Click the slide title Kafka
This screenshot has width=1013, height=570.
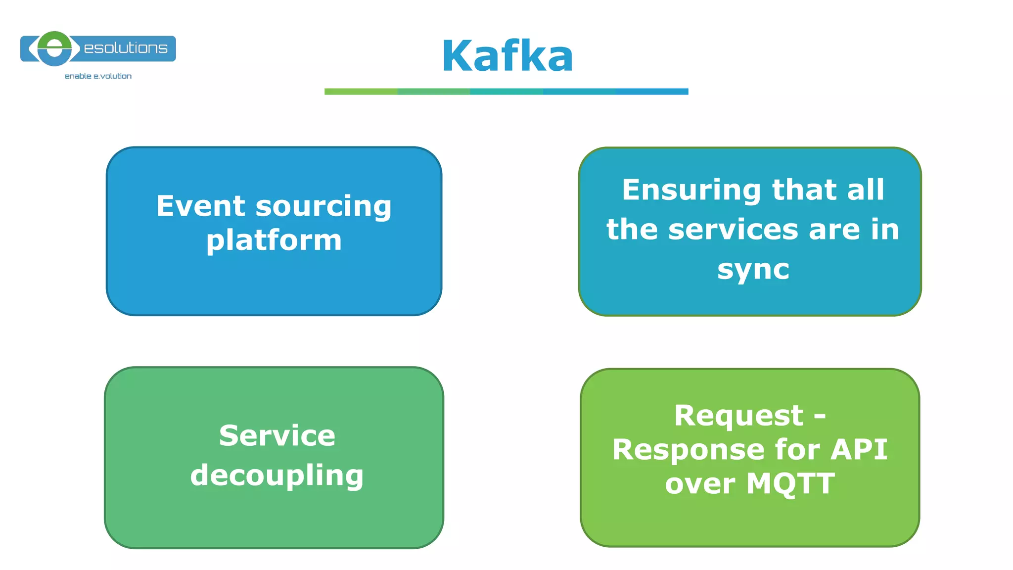(x=507, y=56)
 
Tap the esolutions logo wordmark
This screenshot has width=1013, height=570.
(x=126, y=48)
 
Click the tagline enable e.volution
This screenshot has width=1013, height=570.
(x=98, y=76)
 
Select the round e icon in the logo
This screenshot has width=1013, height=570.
(x=54, y=48)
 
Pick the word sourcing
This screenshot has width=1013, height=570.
(x=323, y=207)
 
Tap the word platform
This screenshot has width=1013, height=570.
(x=274, y=241)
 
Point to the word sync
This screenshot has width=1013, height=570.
(x=753, y=270)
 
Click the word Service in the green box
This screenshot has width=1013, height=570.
(x=277, y=435)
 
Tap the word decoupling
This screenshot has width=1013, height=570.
(x=277, y=476)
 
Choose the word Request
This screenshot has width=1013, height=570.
(x=738, y=416)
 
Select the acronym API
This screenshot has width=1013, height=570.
(x=859, y=449)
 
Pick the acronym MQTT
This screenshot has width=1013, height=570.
(x=790, y=483)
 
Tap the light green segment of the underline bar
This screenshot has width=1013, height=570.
(x=361, y=92)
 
